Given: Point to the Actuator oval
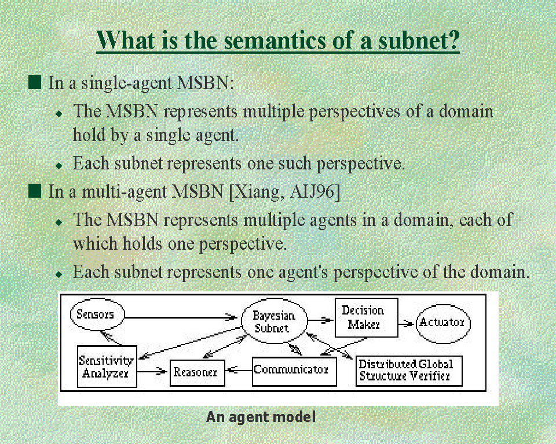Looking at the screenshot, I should pos(443,322).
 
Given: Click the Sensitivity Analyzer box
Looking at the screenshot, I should pos(106,367).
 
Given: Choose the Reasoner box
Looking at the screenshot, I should pos(196,372).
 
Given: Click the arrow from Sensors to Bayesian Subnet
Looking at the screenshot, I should pos(180,317).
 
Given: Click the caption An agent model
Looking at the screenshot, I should pos(261,417).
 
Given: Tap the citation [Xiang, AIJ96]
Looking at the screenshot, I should pos(285,191).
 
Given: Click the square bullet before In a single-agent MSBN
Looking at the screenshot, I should pos(36,82).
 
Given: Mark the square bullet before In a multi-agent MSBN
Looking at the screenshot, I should pos(36,191).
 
